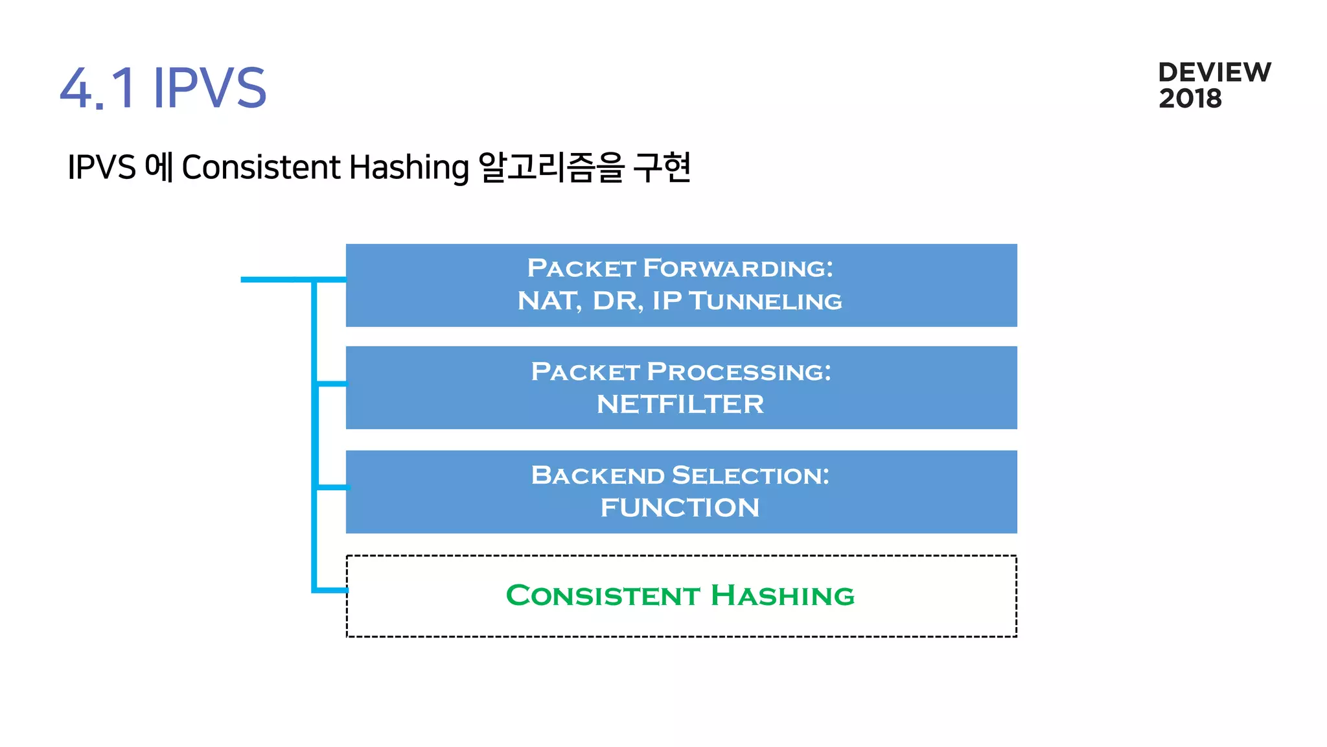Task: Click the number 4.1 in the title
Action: [97, 88]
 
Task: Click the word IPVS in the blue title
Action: [209, 88]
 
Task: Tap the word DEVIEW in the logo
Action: [1214, 73]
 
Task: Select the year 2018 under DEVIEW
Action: [1190, 99]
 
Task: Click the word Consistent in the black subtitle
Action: [260, 167]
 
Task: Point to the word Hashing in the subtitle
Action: [409, 167]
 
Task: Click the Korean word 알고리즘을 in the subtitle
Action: [551, 167]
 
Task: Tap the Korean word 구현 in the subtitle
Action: [662, 167]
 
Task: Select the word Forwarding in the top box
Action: [738, 268]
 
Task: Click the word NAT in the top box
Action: [548, 301]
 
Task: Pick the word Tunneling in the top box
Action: [765, 301]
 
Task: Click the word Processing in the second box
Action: [739, 372]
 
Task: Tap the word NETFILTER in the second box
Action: [680, 405]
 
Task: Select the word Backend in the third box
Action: [597, 475]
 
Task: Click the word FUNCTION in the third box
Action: [680, 508]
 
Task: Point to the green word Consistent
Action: [603, 595]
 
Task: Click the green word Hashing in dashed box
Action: [783, 595]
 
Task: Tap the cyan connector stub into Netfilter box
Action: [332, 384]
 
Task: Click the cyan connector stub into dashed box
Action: [332, 590]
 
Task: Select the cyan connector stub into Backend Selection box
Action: [332, 486]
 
